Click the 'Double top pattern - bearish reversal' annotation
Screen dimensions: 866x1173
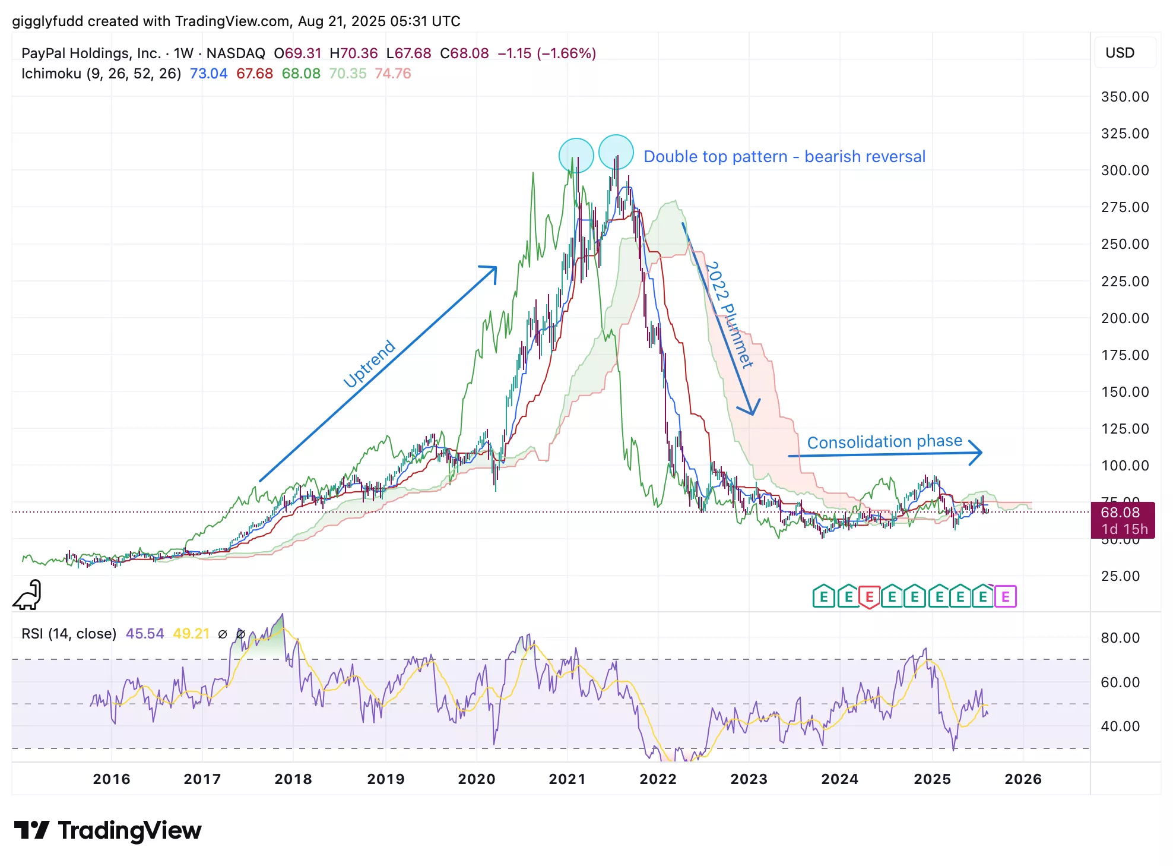(x=784, y=157)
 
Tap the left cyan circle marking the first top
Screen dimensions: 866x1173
(x=576, y=156)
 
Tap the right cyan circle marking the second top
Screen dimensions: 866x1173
(x=616, y=152)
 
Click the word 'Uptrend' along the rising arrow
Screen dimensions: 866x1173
(x=369, y=364)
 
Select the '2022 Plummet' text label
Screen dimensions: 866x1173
(x=729, y=315)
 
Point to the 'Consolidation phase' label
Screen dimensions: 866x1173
(x=884, y=442)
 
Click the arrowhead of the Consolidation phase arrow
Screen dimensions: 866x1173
(x=977, y=453)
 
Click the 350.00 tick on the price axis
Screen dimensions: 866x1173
(x=1124, y=97)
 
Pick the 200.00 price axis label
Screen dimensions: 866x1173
(x=1124, y=318)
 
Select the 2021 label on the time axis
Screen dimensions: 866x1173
(x=567, y=779)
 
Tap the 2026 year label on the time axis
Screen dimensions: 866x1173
(x=1023, y=779)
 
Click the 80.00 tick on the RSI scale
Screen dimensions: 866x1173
(x=1120, y=638)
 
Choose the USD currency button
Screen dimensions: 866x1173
(x=1120, y=53)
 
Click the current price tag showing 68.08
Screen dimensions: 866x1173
(x=1122, y=520)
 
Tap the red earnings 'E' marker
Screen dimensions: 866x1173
(x=869, y=597)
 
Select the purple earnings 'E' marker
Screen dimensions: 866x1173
(x=1006, y=597)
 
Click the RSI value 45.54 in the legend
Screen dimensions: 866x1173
(x=145, y=634)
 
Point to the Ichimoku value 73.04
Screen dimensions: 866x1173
(x=208, y=74)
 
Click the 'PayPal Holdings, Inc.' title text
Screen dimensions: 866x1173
(x=91, y=53)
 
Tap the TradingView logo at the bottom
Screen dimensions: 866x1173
(x=107, y=830)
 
